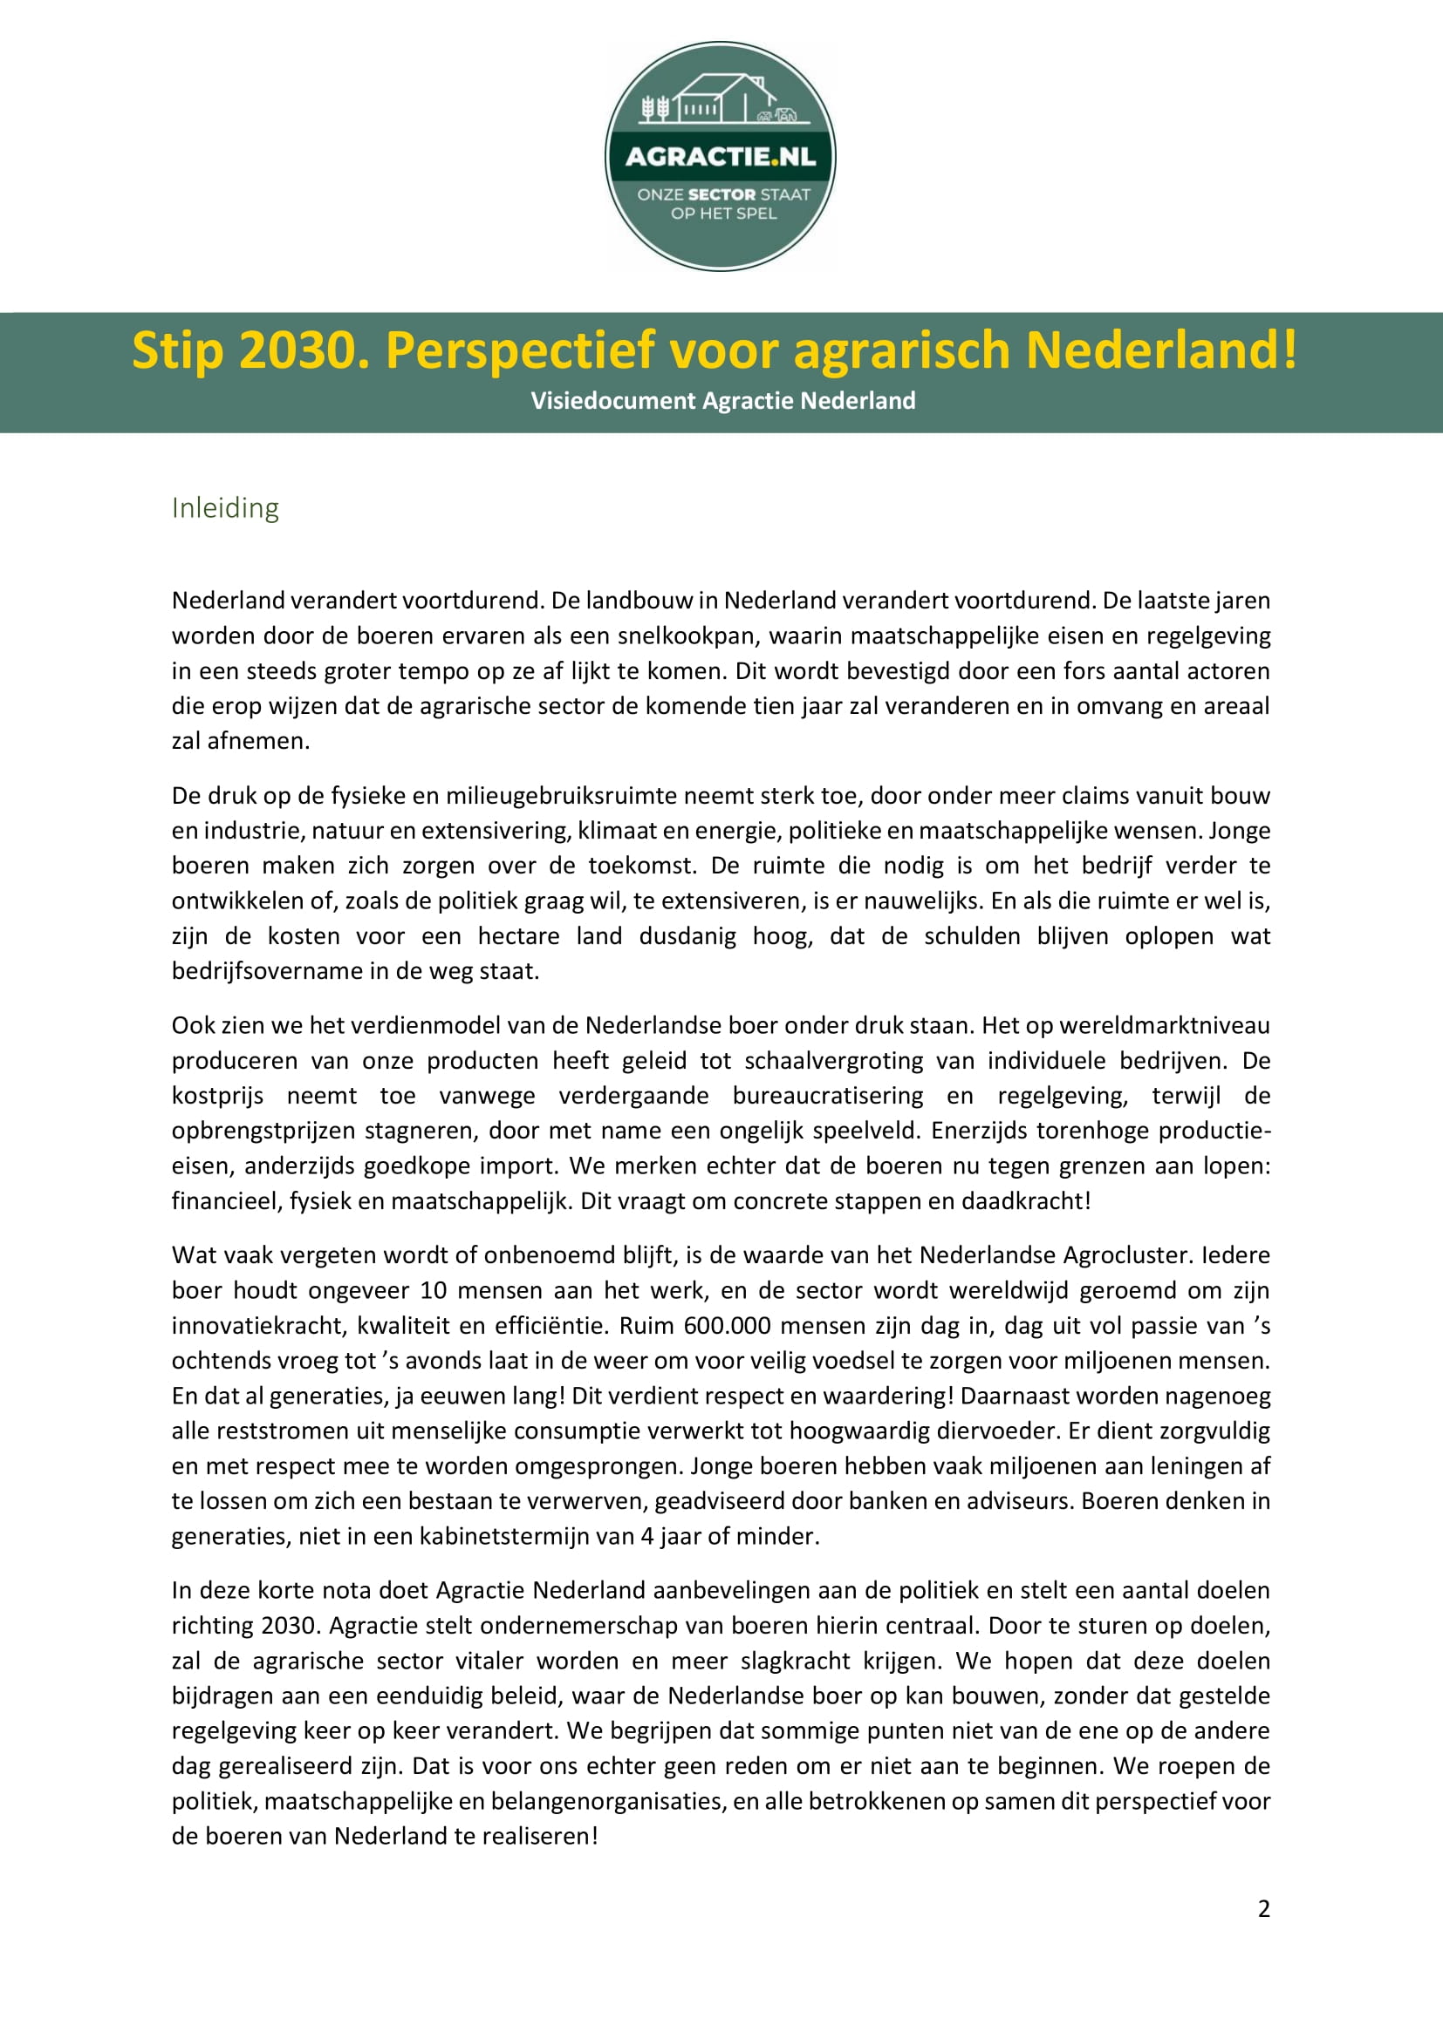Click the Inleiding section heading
[x=225, y=508]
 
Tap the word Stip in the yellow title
[x=177, y=350]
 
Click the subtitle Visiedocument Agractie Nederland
[x=722, y=400]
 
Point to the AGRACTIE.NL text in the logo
[x=720, y=157]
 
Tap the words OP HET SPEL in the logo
[x=723, y=213]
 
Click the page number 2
[x=1263, y=1908]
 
